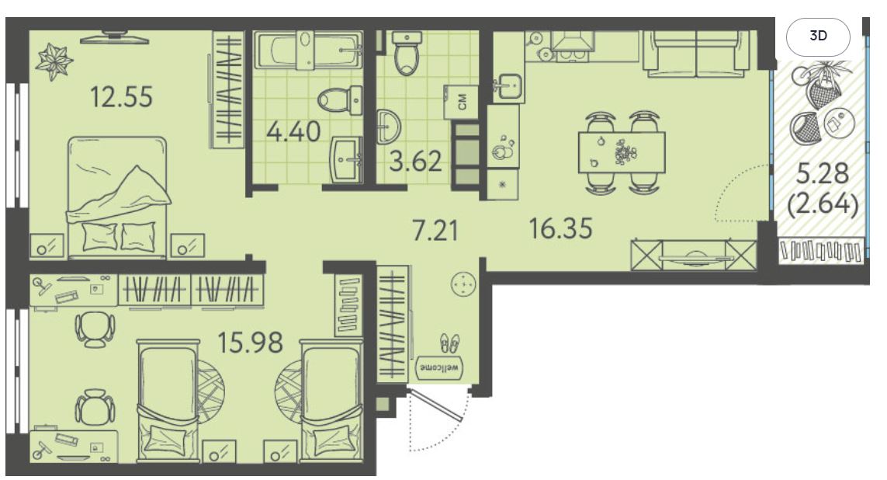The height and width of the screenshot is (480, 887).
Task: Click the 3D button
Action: tap(818, 37)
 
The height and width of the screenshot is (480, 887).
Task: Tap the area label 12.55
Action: tap(122, 97)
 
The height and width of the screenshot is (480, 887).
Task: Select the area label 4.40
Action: tap(293, 131)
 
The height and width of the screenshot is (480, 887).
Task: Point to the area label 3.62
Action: tap(415, 162)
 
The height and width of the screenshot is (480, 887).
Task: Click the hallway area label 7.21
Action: tap(435, 231)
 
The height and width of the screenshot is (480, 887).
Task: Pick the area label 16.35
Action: tap(560, 228)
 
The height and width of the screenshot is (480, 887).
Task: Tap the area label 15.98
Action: tap(251, 342)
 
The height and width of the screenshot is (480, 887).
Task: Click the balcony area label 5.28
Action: tap(823, 173)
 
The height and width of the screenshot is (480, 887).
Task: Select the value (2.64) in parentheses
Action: tap(823, 203)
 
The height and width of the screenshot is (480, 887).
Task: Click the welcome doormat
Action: tap(441, 367)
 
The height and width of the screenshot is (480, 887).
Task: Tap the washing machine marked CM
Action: tap(462, 102)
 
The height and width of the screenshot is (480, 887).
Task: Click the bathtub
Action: tap(308, 50)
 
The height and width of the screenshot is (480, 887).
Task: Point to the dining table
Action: tap(622, 152)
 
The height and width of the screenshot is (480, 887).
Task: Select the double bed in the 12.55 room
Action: tap(118, 197)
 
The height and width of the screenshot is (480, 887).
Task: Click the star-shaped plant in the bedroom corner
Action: tap(54, 62)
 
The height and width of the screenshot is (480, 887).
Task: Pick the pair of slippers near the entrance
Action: tap(450, 343)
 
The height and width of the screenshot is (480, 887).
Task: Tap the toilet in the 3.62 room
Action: tap(406, 54)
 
